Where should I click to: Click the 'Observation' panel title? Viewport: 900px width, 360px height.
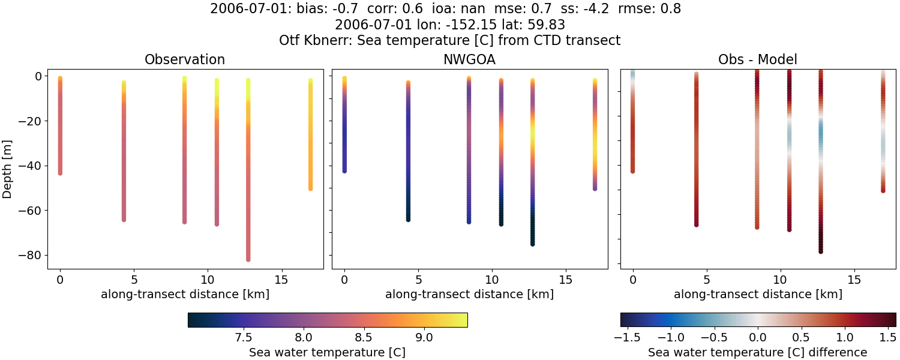click(x=185, y=59)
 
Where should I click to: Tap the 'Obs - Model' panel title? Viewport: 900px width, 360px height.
click(x=757, y=59)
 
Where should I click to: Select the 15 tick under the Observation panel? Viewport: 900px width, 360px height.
click(x=281, y=280)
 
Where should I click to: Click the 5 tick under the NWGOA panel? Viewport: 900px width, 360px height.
click(x=418, y=280)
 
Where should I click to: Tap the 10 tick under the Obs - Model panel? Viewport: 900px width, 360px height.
click(x=781, y=280)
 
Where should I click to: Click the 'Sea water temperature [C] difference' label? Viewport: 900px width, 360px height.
click(x=757, y=352)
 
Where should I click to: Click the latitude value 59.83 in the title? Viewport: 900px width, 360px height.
click(x=547, y=25)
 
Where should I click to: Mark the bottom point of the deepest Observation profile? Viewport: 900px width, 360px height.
click(x=248, y=259)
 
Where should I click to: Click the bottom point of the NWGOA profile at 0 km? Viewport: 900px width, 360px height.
click(x=344, y=171)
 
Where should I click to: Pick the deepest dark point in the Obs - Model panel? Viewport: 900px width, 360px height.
click(x=820, y=251)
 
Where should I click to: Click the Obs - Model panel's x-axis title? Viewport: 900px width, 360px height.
click(x=757, y=294)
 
